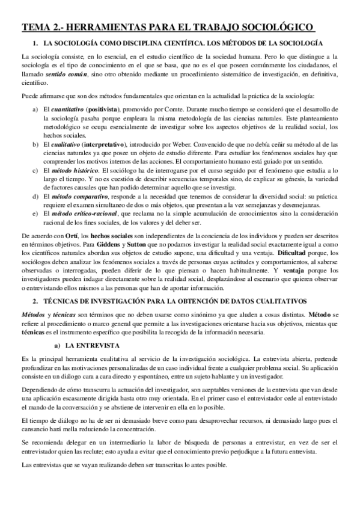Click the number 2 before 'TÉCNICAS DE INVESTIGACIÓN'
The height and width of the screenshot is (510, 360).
tap(35, 300)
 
